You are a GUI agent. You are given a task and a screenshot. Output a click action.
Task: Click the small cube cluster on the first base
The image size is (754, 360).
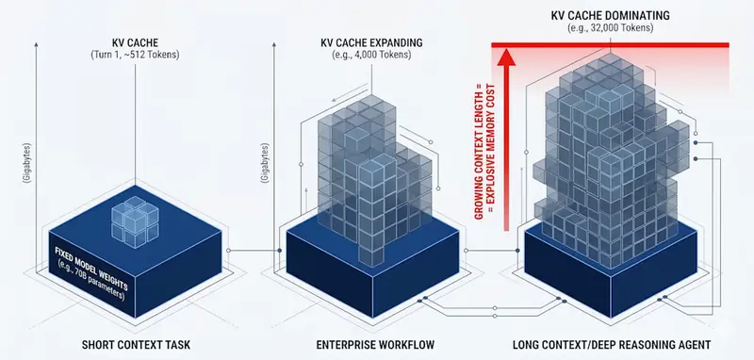130,221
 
